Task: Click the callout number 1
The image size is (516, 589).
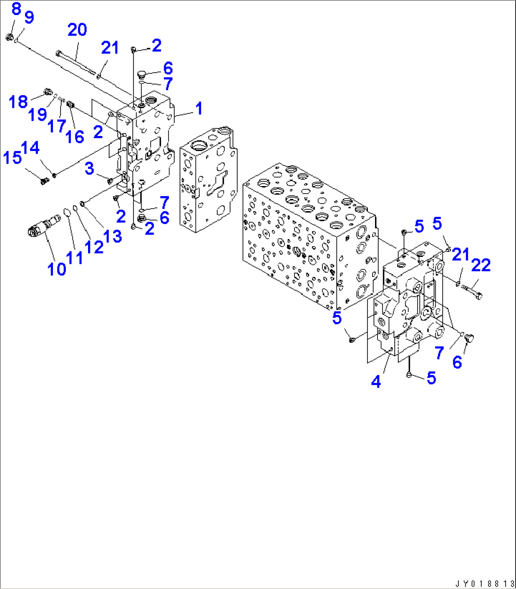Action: coord(199,108)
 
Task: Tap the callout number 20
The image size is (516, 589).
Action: coord(77,30)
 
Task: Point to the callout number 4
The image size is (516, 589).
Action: coord(376,382)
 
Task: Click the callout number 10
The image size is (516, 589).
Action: coord(57,269)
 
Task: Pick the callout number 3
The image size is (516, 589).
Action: coord(89,169)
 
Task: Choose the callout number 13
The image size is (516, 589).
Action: coord(113,236)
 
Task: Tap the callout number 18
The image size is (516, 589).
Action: coord(18,101)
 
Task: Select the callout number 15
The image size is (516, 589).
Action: coord(12,157)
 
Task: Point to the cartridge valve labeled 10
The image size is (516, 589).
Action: coord(44,225)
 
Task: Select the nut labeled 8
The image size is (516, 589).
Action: coord(9,37)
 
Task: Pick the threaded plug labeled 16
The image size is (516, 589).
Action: coord(70,104)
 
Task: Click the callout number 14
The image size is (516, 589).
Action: coord(30,148)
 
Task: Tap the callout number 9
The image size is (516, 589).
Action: coord(29,18)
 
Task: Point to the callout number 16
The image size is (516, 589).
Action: coord(75,137)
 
